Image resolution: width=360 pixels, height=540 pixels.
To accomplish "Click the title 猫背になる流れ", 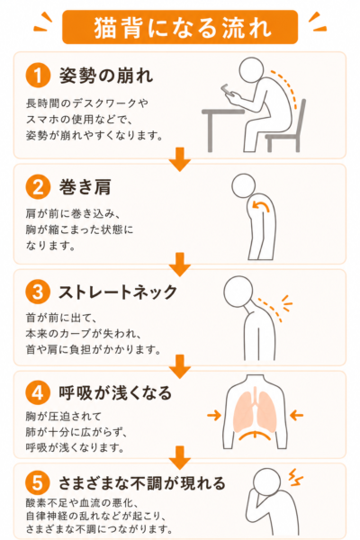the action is pos(182,28).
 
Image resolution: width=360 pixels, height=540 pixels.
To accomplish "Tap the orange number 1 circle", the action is pos(38,75).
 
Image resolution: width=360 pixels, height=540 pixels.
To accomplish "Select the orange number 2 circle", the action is pos(38,187).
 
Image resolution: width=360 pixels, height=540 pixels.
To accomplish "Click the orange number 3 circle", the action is pos(38,292).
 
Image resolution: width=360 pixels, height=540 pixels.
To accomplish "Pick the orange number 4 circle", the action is pos(38,392).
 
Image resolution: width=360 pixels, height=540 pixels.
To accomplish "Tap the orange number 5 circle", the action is pos(38,482).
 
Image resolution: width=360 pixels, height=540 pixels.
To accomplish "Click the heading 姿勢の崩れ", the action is pos(106,76).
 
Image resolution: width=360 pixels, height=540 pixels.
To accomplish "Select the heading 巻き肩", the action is pos(85,187).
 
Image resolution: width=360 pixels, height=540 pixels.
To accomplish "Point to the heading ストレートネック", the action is pos(118,292).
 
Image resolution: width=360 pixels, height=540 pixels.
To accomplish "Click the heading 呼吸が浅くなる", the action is pos(115,392).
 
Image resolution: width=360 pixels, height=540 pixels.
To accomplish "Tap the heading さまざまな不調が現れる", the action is pos(142,482).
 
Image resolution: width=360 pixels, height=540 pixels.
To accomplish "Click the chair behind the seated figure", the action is pos(286,128).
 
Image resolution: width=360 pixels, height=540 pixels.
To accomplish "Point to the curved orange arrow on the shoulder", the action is pos(261,205).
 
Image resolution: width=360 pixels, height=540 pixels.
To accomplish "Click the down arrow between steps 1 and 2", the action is pos(180,159).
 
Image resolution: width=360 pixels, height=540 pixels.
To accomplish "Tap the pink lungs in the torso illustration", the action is pos(255,412).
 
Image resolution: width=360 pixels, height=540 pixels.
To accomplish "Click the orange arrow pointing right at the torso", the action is pos(214,415).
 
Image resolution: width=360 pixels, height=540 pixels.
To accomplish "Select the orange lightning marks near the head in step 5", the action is pos(295,477).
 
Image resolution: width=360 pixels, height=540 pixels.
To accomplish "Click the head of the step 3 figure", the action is pos(238,292).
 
